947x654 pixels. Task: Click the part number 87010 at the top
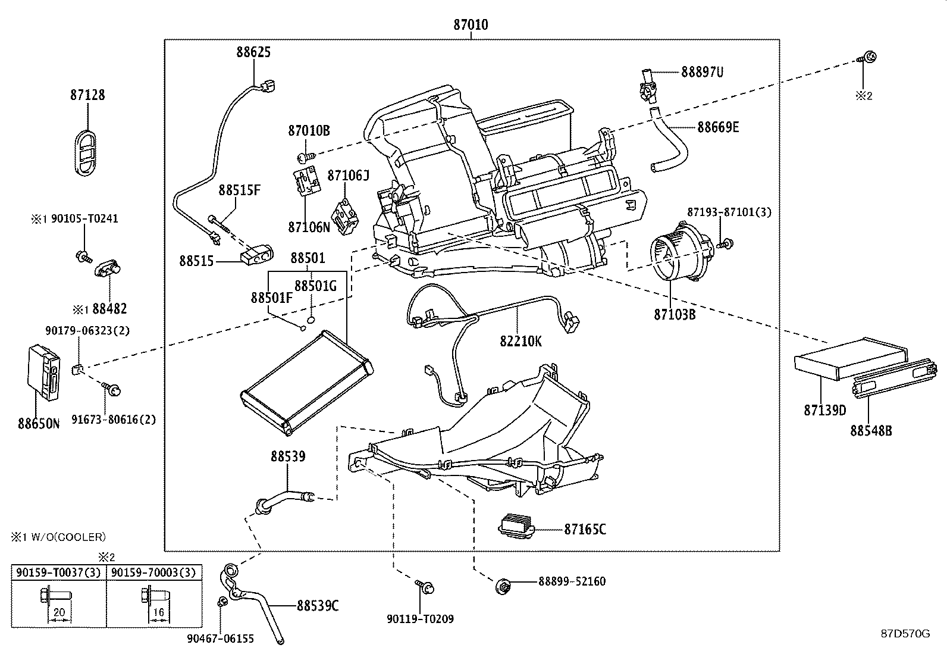tap(471, 24)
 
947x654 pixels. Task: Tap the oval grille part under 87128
tap(86, 152)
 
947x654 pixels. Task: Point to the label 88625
tap(253, 52)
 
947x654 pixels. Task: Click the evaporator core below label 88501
tap(306, 383)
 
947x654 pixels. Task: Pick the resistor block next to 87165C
tap(516, 526)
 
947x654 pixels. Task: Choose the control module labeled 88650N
tap(44, 373)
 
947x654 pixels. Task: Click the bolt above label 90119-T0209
tap(425, 586)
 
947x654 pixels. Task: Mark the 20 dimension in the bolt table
tap(59, 612)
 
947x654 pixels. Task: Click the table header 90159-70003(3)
tap(154, 572)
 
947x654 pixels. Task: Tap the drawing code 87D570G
tap(905, 634)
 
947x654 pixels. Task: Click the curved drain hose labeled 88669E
tap(669, 139)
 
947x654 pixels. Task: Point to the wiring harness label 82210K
tap(520, 341)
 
